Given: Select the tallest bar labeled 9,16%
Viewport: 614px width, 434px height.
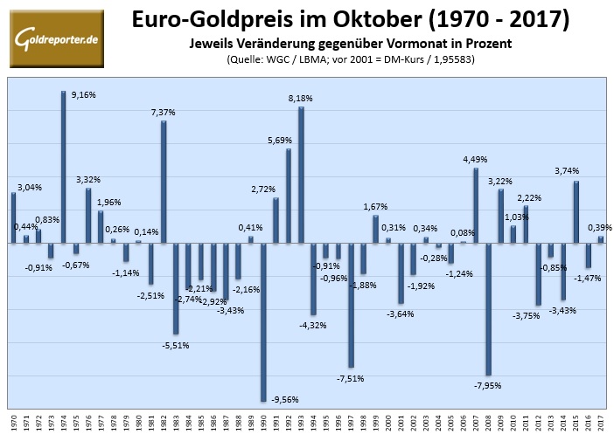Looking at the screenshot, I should pos(64,166).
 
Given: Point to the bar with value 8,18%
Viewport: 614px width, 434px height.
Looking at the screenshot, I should pos(301,175).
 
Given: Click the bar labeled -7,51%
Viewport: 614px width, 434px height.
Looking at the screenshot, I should pos(351,305).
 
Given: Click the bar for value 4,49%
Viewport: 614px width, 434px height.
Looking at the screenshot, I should pos(476,205).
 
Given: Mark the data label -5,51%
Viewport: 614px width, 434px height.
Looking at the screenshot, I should pos(175,345).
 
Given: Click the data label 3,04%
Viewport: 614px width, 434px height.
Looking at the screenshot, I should pos(28,187).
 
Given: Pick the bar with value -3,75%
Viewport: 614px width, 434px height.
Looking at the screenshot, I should pos(538,274).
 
